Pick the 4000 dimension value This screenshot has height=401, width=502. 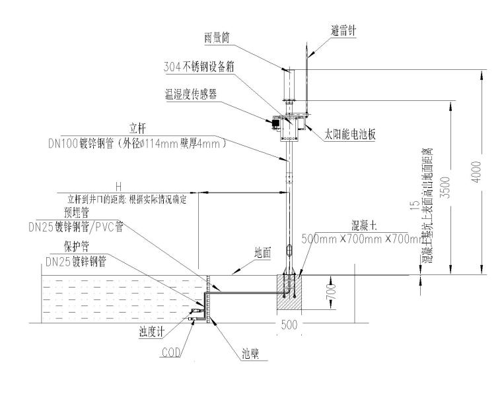pos(484,171)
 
